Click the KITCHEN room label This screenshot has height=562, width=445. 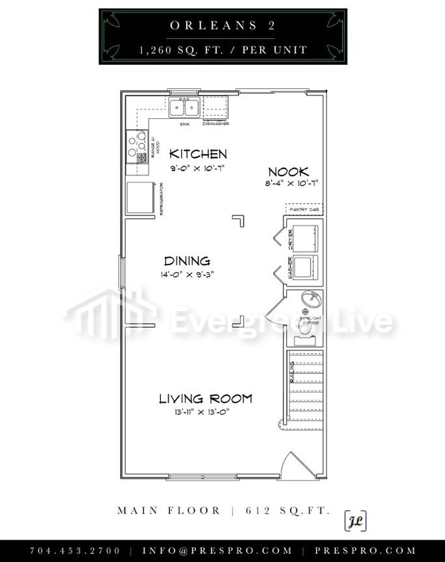[x=198, y=154]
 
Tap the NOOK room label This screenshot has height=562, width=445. [x=288, y=172]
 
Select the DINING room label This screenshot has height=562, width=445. [x=186, y=261]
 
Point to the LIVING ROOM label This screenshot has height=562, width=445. [x=205, y=399]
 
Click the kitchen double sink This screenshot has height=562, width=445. [x=184, y=107]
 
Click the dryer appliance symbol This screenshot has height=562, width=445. [x=305, y=237]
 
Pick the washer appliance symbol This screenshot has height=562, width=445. [x=305, y=268]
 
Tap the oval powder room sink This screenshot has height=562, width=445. [x=312, y=299]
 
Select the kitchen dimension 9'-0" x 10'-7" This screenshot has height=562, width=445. [x=198, y=168]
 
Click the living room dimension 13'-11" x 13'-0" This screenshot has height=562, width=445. [x=205, y=412]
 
